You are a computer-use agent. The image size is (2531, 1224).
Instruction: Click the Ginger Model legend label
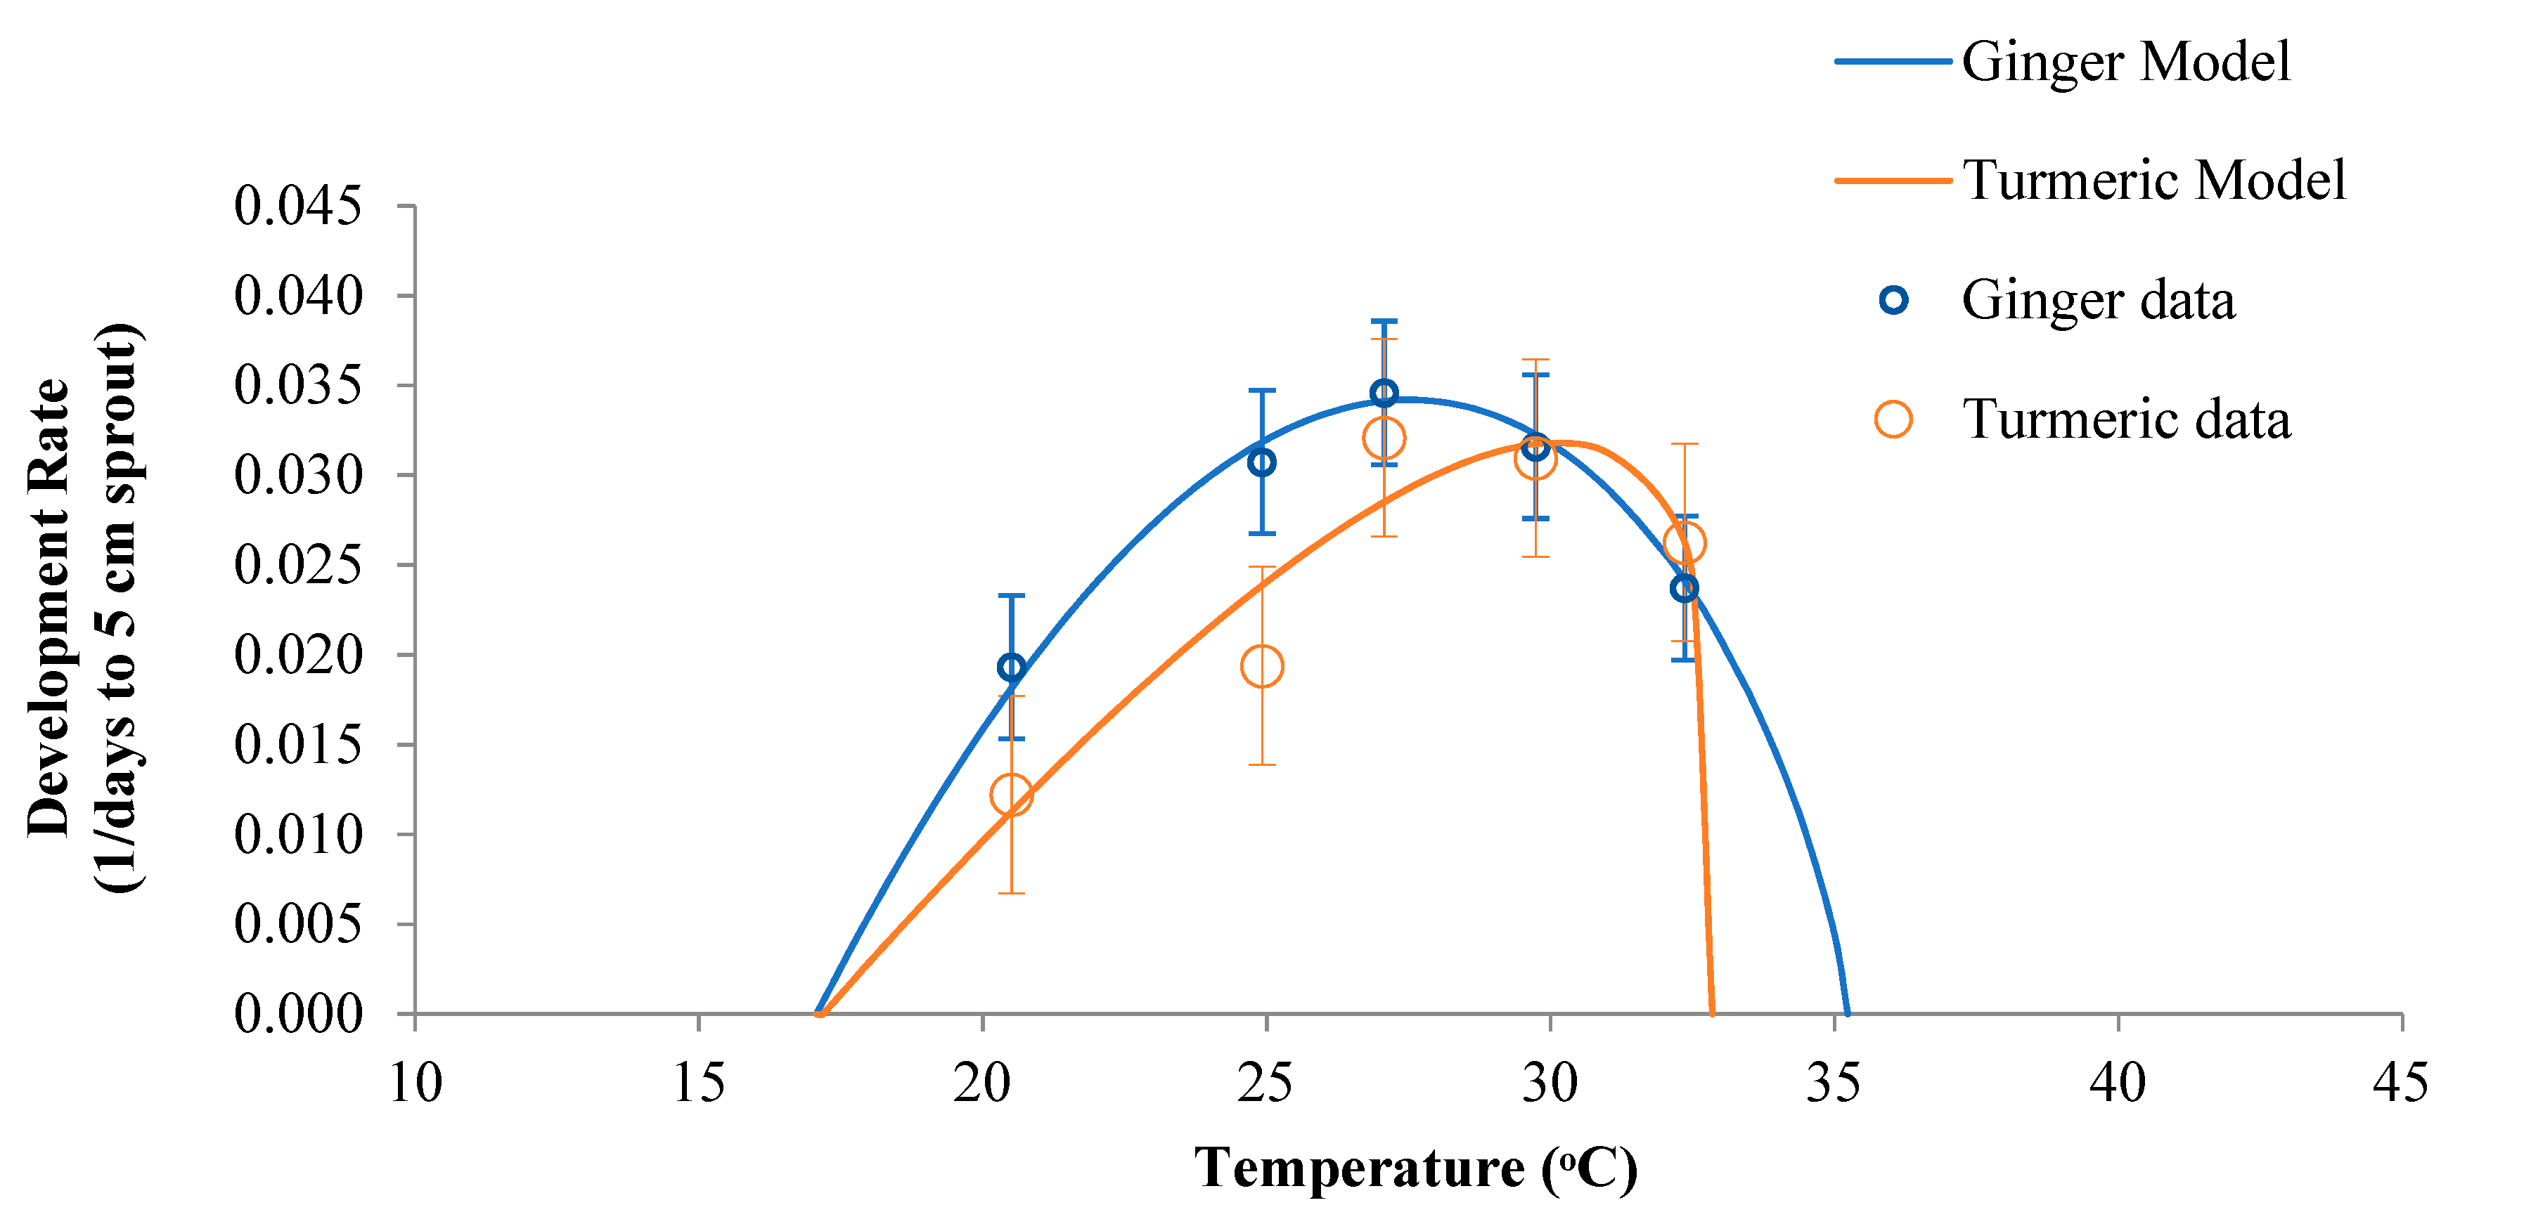[x=2125, y=62]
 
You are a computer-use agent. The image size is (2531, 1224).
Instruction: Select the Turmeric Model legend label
[x=2153, y=181]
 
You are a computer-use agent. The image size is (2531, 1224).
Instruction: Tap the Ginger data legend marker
[x=1893, y=299]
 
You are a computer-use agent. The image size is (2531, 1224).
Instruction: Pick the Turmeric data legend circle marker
[x=1893, y=419]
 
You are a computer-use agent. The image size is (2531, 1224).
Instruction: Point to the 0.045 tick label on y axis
[x=297, y=207]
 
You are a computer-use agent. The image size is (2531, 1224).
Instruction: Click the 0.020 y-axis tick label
[x=297, y=656]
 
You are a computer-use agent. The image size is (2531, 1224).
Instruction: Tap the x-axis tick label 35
[x=1834, y=1083]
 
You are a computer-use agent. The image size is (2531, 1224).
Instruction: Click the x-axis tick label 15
[x=699, y=1083]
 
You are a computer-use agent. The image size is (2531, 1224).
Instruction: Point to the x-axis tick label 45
[x=2400, y=1083]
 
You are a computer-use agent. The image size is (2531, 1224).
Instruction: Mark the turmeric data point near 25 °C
[x=1261, y=667]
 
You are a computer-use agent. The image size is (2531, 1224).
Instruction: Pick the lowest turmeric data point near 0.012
[x=1011, y=794]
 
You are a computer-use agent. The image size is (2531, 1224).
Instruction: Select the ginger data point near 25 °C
[x=1261, y=462]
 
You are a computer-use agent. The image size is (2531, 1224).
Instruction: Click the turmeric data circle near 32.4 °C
[x=1684, y=542]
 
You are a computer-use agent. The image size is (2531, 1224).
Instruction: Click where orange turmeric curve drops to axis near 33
[x=1713, y=1012]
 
